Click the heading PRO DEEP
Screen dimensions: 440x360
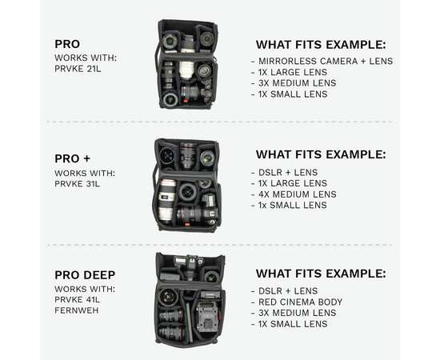click(x=85, y=275)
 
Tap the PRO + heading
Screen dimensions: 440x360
click(x=72, y=158)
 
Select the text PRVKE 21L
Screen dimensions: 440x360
click(x=78, y=69)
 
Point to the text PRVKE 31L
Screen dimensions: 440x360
click(x=77, y=184)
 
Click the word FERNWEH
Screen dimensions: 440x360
click(x=76, y=310)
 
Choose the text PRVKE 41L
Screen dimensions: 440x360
click(x=77, y=300)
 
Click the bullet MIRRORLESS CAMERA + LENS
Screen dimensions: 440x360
click(x=326, y=61)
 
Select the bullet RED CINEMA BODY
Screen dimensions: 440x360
click(x=300, y=302)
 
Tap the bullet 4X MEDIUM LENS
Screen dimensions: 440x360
click(x=297, y=194)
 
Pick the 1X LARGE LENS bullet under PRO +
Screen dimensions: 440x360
click(x=292, y=183)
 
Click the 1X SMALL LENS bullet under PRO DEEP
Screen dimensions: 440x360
click(x=293, y=324)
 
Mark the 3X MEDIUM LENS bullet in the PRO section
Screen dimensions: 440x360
click(x=297, y=83)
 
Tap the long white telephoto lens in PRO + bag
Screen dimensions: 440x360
click(x=167, y=200)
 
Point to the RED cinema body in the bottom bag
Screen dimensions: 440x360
click(x=207, y=316)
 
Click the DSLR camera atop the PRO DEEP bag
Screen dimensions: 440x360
click(x=189, y=265)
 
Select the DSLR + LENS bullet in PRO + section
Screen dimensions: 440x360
click(x=288, y=172)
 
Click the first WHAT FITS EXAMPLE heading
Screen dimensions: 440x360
click(x=321, y=45)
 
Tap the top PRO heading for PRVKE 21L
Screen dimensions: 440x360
click(x=67, y=44)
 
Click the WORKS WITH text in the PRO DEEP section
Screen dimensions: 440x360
click(x=85, y=289)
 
